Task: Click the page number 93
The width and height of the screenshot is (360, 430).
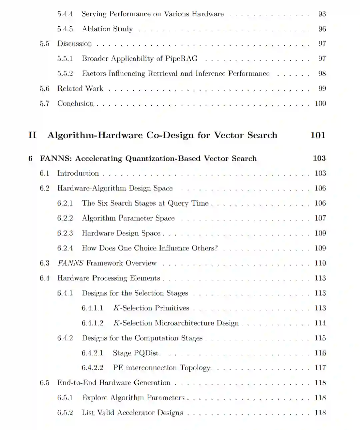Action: click(x=322, y=14)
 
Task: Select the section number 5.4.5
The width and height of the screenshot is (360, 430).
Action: click(x=65, y=29)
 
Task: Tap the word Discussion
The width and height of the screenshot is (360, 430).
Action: click(x=74, y=44)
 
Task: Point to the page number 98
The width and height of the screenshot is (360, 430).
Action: click(x=322, y=74)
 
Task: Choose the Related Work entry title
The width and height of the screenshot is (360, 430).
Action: click(x=80, y=89)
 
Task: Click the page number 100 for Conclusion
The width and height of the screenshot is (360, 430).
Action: click(x=320, y=104)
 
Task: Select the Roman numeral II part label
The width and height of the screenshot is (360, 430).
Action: click(x=32, y=135)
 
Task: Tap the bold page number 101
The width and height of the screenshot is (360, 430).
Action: click(x=318, y=135)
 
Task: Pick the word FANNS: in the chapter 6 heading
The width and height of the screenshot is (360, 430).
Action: click(x=56, y=159)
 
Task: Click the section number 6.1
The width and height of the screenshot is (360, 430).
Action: click(x=44, y=173)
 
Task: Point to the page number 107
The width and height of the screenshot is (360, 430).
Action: click(x=320, y=218)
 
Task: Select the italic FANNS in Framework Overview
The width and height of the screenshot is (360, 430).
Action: click(x=70, y=263)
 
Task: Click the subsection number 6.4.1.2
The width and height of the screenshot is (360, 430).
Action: click(x=92, y=323)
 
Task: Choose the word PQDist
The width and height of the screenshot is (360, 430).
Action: click(x=147, y=353)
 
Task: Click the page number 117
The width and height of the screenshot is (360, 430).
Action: click(x=320, y=368)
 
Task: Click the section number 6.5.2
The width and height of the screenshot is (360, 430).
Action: click(x=65, y=413)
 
